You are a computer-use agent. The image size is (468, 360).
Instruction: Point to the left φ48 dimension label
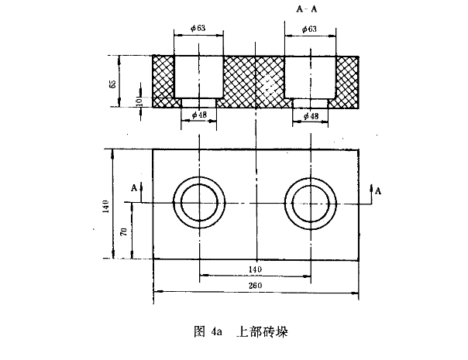coord(198,115)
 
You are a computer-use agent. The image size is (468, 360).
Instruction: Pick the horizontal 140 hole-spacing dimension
coord(255,269)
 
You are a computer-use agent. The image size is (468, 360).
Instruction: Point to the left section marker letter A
coord(133,187)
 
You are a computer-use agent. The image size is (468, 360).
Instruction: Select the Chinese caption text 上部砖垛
coord(262,331)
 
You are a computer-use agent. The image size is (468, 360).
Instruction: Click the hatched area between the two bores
coord(255,81)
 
